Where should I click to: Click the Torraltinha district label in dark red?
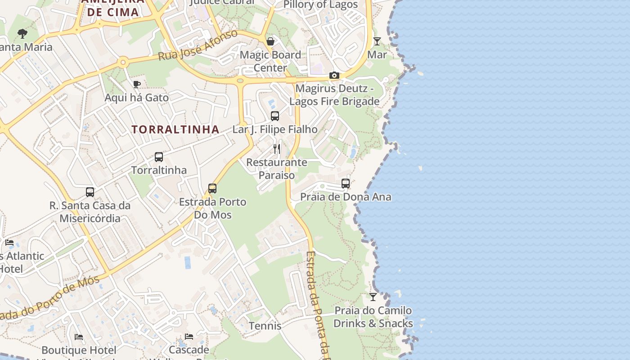coord(175,130)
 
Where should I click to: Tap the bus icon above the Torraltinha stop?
coord(159,157)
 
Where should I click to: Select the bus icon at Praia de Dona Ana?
coord(346,184)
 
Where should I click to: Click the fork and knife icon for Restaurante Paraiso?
coord(277,149)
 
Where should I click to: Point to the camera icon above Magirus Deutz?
coord(334,75)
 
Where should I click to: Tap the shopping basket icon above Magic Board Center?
coord(270,42)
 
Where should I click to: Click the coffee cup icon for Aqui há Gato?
coord(137,84)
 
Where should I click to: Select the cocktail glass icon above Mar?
coord(377,41)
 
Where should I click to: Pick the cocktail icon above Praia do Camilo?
coord(373,297)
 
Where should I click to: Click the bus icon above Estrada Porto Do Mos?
coord(212,189)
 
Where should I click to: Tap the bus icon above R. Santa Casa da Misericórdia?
coord(90,192)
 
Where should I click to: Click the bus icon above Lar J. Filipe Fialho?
coord(275,116)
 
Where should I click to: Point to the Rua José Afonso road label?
coord(198,46)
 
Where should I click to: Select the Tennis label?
coord(265,326)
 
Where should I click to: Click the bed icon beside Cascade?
coord(189,337)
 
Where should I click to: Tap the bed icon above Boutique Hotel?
coord(79,337)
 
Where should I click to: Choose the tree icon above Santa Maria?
coord(22,33)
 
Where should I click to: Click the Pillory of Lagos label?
coord(320,5)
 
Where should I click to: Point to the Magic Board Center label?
coord(270,61)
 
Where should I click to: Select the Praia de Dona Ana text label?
coord(346,197)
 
